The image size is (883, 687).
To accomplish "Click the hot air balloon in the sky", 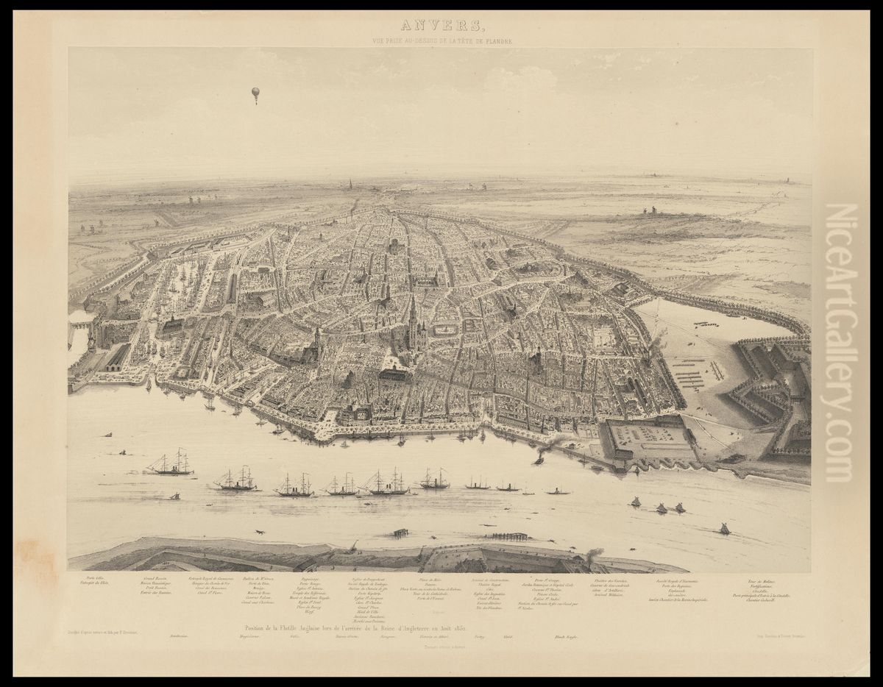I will click(x=255, y=95).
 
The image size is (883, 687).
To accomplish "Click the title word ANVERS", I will click(x=441, y=26).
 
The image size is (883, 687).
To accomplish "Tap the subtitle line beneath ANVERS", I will click(x=441, y=41).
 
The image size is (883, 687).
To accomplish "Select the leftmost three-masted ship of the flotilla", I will click(x=171, y=463).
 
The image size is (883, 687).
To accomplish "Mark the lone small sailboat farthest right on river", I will click(x=724, y=527).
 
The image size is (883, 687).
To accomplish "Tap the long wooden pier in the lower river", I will click(x=509, y=536).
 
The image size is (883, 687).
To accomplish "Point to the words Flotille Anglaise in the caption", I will click(x=311, y=627).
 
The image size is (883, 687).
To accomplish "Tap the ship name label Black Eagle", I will click(x=581, y=636).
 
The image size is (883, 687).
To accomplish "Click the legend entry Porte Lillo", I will click(x=96, y=578).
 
